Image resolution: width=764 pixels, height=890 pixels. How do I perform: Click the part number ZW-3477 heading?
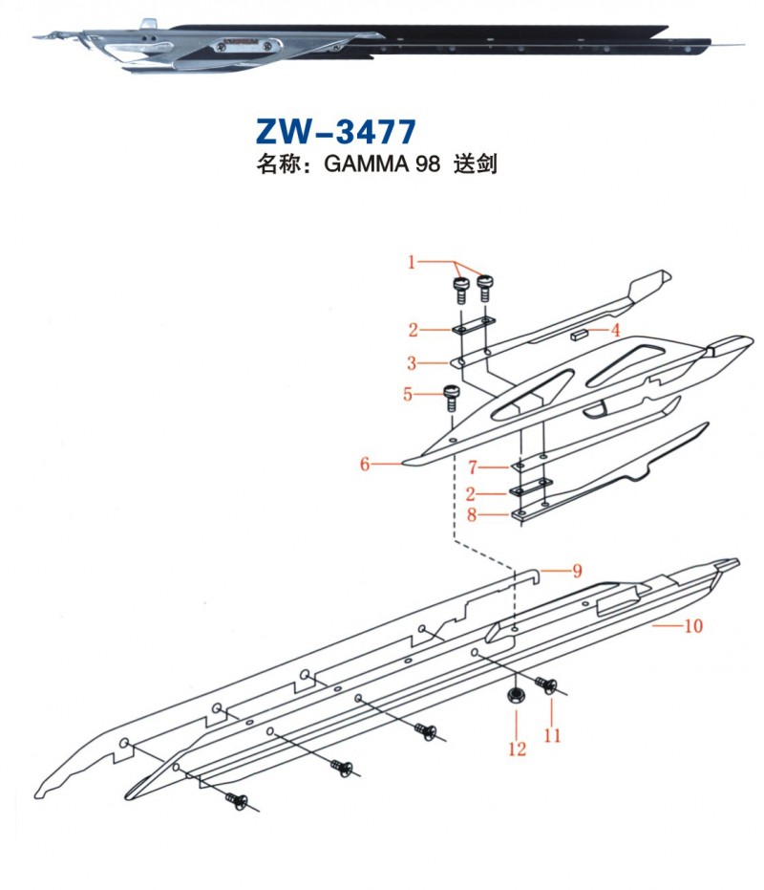click(x=335, y=129)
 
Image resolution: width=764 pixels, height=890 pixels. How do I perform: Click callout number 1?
click(x=412, y=261)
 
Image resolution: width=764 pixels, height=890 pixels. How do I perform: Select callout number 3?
click(x=412, y=363)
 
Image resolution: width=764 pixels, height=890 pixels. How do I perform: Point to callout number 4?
click(x=616, y=330)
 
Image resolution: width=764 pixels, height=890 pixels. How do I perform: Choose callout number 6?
click(x=365, y=466)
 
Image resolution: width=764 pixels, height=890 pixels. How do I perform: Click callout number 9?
click(x=577, y=572)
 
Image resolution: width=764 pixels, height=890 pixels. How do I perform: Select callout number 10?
click(x=693, y=626)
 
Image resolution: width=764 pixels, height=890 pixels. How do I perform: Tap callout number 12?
click(x=517, y=749)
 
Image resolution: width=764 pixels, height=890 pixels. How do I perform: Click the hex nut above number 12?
click(x=516, y=695)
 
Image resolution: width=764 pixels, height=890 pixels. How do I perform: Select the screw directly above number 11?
click(x=546, y=684)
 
